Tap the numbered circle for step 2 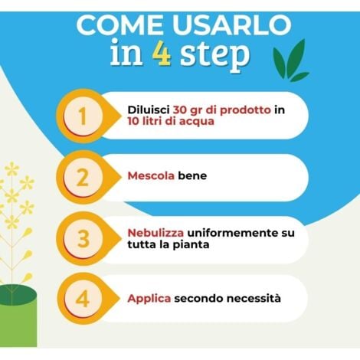click(83, 177)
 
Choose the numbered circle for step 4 click(83, 298)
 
